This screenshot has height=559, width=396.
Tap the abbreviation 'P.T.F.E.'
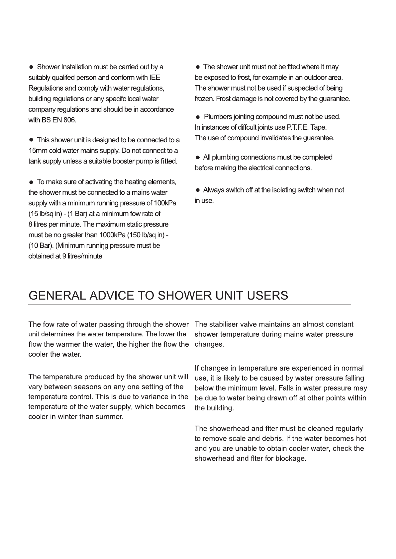click(x=292, y=127)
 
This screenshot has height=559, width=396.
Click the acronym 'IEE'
click(x=154, y=78)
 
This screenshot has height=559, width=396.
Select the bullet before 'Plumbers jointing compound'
click(x=198, y=117)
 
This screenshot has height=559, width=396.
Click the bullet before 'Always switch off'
click(x=197, y=190)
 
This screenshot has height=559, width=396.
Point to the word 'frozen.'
click(x=204, y=99)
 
